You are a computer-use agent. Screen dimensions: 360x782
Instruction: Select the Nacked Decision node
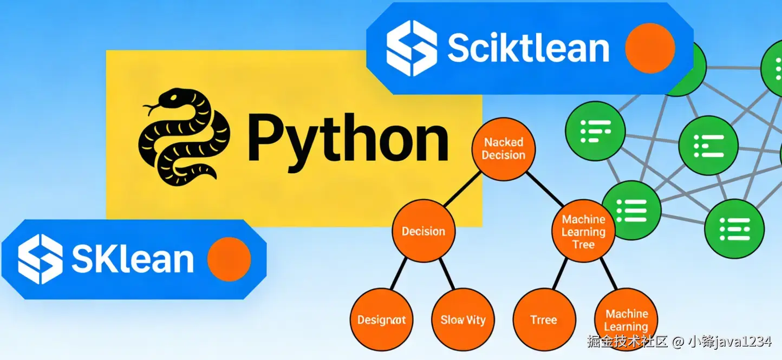coord(504,149)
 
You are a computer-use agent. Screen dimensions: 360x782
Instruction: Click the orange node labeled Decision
coord(423,232)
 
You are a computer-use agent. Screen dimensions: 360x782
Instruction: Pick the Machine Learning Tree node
coord(583,232)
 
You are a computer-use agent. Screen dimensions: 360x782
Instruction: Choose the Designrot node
coord(381,320)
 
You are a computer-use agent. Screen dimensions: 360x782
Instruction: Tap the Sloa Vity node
coord(463,320)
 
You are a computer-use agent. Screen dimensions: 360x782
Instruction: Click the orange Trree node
coord(544,320)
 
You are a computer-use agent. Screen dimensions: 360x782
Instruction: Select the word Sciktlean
coord(528,49)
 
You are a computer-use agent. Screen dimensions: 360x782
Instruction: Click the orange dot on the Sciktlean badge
coord(650,48)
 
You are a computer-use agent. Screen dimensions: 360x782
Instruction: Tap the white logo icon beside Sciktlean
coord(412,48)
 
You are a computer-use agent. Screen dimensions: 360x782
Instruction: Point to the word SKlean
coord(132,259)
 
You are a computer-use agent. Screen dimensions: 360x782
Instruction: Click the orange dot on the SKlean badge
coord(229,259)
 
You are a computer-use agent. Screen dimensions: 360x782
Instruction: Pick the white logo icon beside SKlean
coord(40,259)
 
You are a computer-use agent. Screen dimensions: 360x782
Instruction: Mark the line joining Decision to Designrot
coord(399,273)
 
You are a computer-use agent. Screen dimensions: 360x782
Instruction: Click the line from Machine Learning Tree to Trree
coord(560,274)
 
